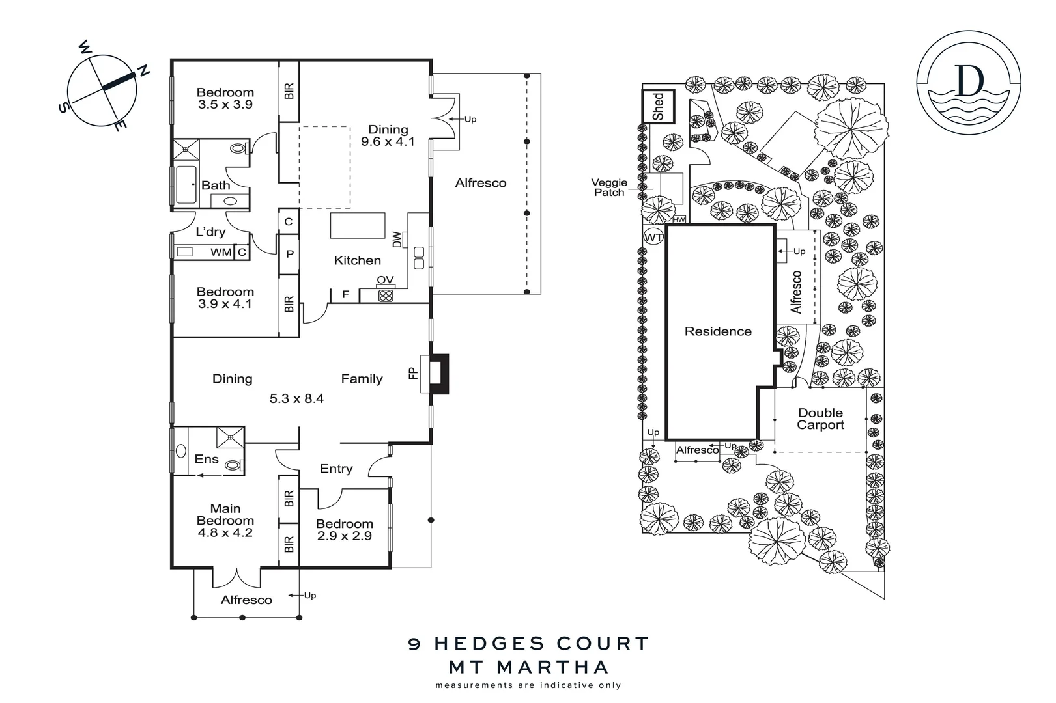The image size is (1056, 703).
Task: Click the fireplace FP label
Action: coord(413,374)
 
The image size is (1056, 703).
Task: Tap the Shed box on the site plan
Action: coord(659,106)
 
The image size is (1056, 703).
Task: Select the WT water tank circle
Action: coord(653,238)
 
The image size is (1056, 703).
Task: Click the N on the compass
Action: coord(143,71)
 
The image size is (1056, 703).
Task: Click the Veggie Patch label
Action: coord(609,187)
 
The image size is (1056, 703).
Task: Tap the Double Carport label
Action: coord(820,419)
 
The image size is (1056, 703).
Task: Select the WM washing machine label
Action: coord(220,252)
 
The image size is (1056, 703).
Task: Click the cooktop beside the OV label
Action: coord(386,296)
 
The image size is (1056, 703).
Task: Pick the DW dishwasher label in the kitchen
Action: coord(397,240)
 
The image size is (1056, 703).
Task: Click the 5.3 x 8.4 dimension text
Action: coord(296,398)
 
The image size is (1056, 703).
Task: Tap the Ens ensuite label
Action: coord(207,460)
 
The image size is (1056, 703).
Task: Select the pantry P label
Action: coord(289,254)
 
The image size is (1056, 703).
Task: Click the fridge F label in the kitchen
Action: coord(346,295)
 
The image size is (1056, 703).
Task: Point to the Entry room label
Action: coord(336,469)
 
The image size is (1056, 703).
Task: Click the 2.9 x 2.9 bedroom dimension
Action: coord(344,536)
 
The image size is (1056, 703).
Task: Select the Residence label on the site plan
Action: coord(718,331)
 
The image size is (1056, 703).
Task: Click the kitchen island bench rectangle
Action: coord(353,225)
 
